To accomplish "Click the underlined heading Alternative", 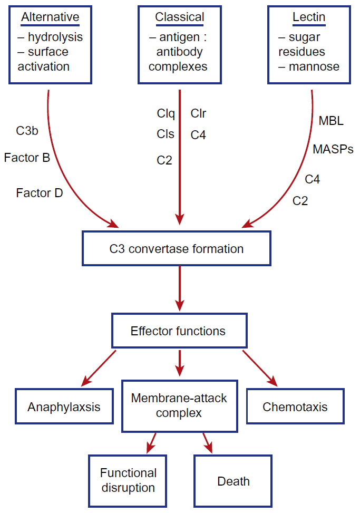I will pos(51,17).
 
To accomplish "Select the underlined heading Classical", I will pos(180,17).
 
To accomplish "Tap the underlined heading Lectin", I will pos(309,17).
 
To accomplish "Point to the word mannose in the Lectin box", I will pos(314,67).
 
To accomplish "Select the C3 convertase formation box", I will pos(177,248).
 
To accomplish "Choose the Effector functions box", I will pos(179,331).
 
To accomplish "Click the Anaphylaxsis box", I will pos(64,406).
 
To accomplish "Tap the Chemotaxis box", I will pos(295,406).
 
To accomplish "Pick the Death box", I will pos(233,481).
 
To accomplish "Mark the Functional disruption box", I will pos(128,480).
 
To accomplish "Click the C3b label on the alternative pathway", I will pos(27,131).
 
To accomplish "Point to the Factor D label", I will pos(40,193).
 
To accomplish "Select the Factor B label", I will pos(27,157).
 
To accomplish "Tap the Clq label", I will pos(166,113).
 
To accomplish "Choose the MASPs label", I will pos(333,149).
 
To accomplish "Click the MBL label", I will pos(331,121).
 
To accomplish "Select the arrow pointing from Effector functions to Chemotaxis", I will pos(259,368).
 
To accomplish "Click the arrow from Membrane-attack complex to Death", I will pos(207,443).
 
